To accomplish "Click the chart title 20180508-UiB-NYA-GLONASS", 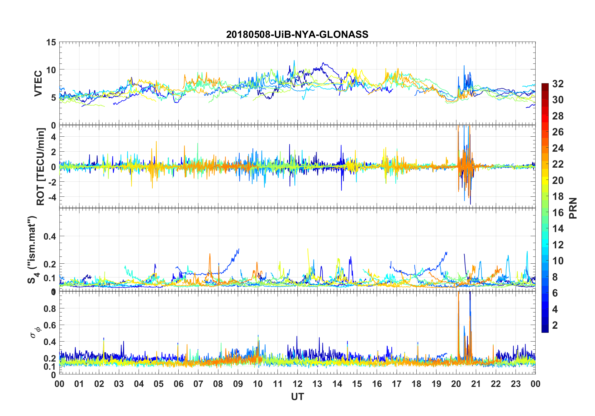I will (x=297, y=34).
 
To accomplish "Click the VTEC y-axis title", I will (x=38, y=84).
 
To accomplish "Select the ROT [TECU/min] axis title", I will (x=41, y=166).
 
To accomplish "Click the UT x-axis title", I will (x=297, y=397).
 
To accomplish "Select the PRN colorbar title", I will (x=573, y=208).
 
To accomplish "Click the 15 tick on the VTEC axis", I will (x=51, y=42).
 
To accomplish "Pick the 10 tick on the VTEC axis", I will (x=51, y=70).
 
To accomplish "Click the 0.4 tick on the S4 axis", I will (x=49, y=236).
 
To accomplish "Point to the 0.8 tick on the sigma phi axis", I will (x=49, y=309).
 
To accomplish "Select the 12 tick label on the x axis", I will (x=297, y=384).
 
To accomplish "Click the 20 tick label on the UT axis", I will (x=456, y=384).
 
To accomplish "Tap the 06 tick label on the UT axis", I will (x=178, y=384).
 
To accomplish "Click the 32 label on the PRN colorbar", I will (x=558, y=84).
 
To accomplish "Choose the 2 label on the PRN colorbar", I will (x=555, y=325).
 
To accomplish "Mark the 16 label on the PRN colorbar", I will (x=558, y=213).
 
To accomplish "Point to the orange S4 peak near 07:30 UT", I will (x=210, y=255).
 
